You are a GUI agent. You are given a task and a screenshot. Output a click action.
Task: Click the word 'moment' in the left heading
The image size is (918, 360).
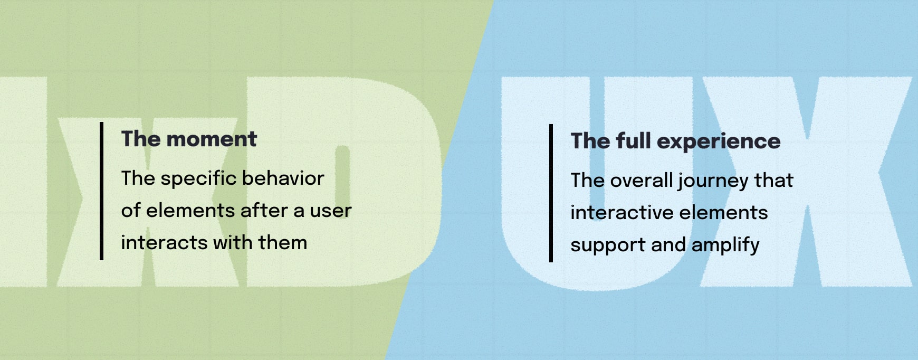pos(212,139)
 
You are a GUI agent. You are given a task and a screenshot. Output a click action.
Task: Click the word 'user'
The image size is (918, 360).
pos(330,211)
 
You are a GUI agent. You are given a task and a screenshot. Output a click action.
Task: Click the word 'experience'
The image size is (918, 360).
pos(719,141)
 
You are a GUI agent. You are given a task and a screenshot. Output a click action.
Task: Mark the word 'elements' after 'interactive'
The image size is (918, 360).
pos(716,213)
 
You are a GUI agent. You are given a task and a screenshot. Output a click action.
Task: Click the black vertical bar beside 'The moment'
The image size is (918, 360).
pos(101,191)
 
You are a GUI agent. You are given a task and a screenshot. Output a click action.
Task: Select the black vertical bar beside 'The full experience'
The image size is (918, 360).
pos(551,193)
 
